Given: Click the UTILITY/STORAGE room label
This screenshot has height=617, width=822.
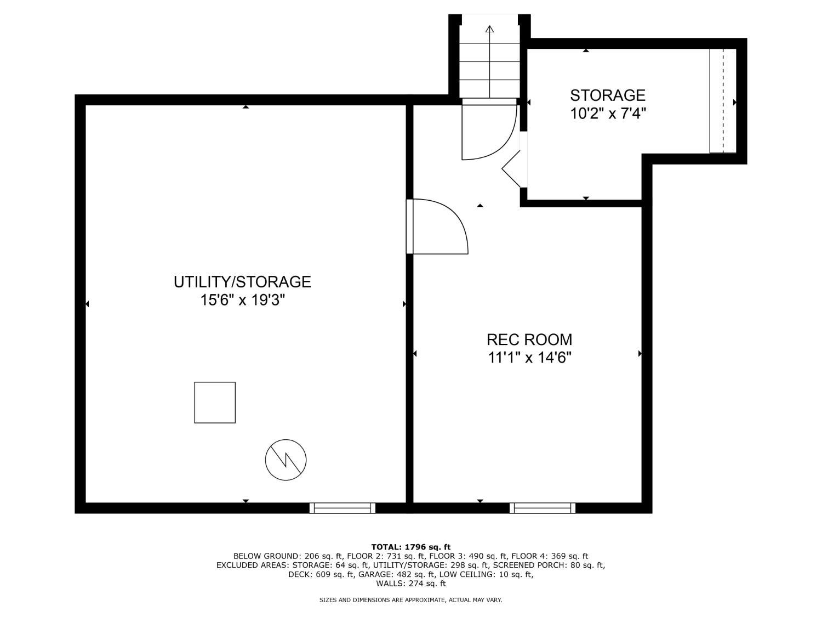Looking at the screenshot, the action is pyautogui.click(x=242, y=282).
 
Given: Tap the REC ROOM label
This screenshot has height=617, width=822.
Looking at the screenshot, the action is pyautogui.click(x=529, y=340).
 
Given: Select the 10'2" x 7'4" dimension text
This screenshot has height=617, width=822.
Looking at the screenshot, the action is pyautogui.click(x=608, y=113).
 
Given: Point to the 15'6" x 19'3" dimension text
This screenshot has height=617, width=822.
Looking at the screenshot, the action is pyautogui.click(x=243, y=300).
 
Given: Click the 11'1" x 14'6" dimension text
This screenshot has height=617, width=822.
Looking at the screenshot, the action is pyautogui.click(x=529, y=358).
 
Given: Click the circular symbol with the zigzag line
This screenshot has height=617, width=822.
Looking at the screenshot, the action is pyautogui.click(x=286, y=460).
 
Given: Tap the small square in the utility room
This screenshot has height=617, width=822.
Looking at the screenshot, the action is pyautogui.click(x=215, y=403).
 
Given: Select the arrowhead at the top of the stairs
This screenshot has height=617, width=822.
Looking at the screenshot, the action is pyautogui.click(x=489, y=29).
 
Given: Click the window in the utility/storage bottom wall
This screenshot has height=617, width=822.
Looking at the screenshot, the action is pyautogui.click(x=342, y=508).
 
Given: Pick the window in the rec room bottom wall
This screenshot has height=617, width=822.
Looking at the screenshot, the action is pyautogui.click(x=543, y=508).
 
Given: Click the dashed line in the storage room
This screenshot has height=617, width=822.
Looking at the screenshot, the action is pyautogui.click(x=723, y=100).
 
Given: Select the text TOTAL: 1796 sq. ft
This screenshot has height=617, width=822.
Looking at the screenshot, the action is pyautogui.click(x=411, y=547).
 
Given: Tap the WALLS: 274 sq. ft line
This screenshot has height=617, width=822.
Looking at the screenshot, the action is pyautogui.click(x=411, y=584).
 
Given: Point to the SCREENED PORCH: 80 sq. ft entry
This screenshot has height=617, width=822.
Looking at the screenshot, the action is pyautogui.click(x=548, y=565).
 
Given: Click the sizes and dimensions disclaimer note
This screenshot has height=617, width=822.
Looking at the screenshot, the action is pyautogui.click(x=411, y=600).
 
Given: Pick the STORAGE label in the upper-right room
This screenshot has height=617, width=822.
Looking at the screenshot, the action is pyautogui.click(x=608, y=95).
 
